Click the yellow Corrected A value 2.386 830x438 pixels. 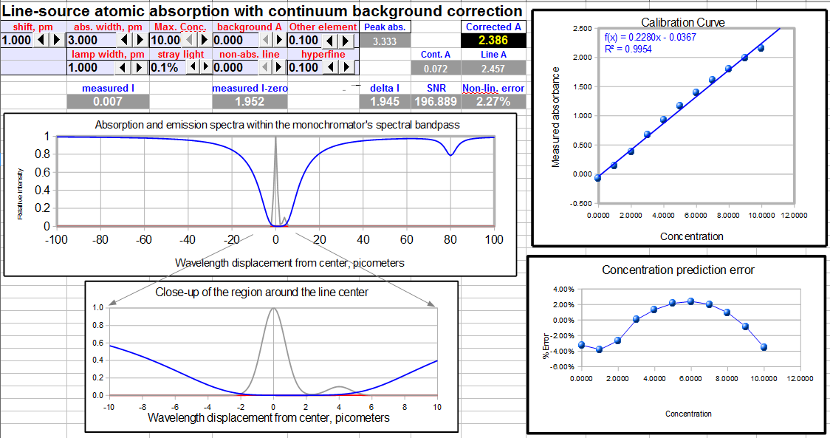click(x=493, y=41)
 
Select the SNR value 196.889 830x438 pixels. click(x=436, y=101)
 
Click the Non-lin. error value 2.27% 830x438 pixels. click(x=493, y=101)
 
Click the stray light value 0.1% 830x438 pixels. click(x=164, y=67)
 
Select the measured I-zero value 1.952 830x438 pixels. click(x=249, y=101)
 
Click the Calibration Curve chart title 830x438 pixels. click(x=682, y=22)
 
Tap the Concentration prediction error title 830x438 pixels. click(x=678, y=270)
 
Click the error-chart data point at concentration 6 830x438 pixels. click(x=691, y=301)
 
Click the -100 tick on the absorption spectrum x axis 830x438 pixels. click(x=55, y=239)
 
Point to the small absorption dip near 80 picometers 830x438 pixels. click(x=450, y=153)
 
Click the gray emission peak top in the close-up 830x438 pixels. click(x=273, y=309)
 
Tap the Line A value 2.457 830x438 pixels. click(x=493, y=68)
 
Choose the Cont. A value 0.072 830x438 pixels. click(x=436, y=68)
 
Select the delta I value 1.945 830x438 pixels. click(x=385, y=101)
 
